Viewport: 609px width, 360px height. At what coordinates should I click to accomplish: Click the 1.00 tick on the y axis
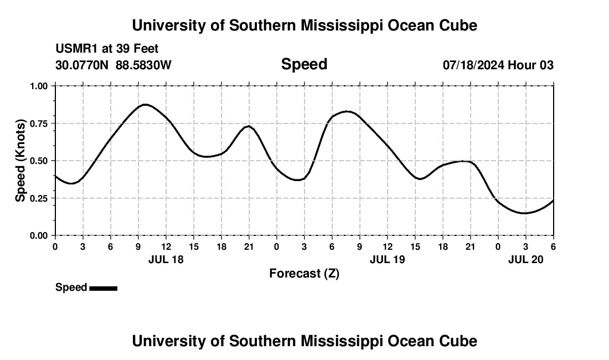point(39,86)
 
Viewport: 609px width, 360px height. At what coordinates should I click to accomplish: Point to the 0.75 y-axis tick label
point(39,124)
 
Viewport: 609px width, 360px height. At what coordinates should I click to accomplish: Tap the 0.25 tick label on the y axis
point(39,198)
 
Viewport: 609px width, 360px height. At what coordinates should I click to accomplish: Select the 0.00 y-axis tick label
point(39,235)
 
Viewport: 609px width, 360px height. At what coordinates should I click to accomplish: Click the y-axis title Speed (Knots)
point(20,161)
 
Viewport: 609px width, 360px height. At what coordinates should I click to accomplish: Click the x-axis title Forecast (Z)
point(304,273)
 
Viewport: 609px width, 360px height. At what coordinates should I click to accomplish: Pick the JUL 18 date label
point(166,259)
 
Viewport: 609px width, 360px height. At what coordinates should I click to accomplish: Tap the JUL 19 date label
point(387,259)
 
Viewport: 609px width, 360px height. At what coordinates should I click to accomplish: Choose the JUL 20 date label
point(525,259)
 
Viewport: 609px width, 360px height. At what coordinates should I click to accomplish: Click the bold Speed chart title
point(304,64)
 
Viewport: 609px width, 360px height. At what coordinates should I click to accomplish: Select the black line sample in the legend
point(103,288)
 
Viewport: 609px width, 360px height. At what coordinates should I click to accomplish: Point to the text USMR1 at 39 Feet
point(107,49)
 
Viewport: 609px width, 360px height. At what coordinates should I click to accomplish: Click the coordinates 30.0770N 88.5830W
point(113,65)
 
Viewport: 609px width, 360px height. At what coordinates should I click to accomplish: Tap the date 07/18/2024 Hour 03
point(498,65)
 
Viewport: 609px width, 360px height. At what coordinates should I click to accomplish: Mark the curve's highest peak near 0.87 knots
point(145,104)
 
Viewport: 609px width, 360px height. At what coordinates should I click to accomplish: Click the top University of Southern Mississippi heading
point(304,25)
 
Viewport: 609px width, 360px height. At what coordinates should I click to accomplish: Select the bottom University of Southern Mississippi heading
point(304,341)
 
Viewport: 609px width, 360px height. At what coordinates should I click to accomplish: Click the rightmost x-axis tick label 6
point(553,246)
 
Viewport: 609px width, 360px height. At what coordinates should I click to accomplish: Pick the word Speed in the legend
point(71,287)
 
